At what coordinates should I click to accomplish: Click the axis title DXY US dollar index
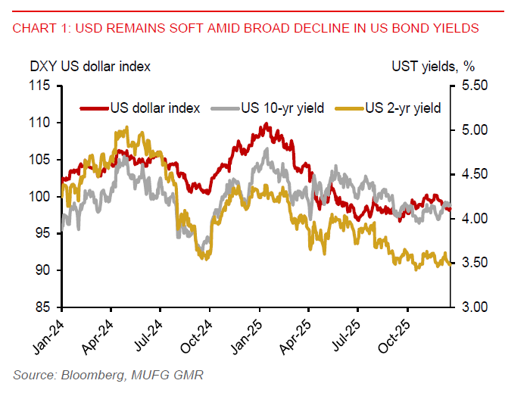pyautogui.click(x=90, y=66)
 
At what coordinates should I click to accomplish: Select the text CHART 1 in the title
pyautogui.click(x=39, y=29)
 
